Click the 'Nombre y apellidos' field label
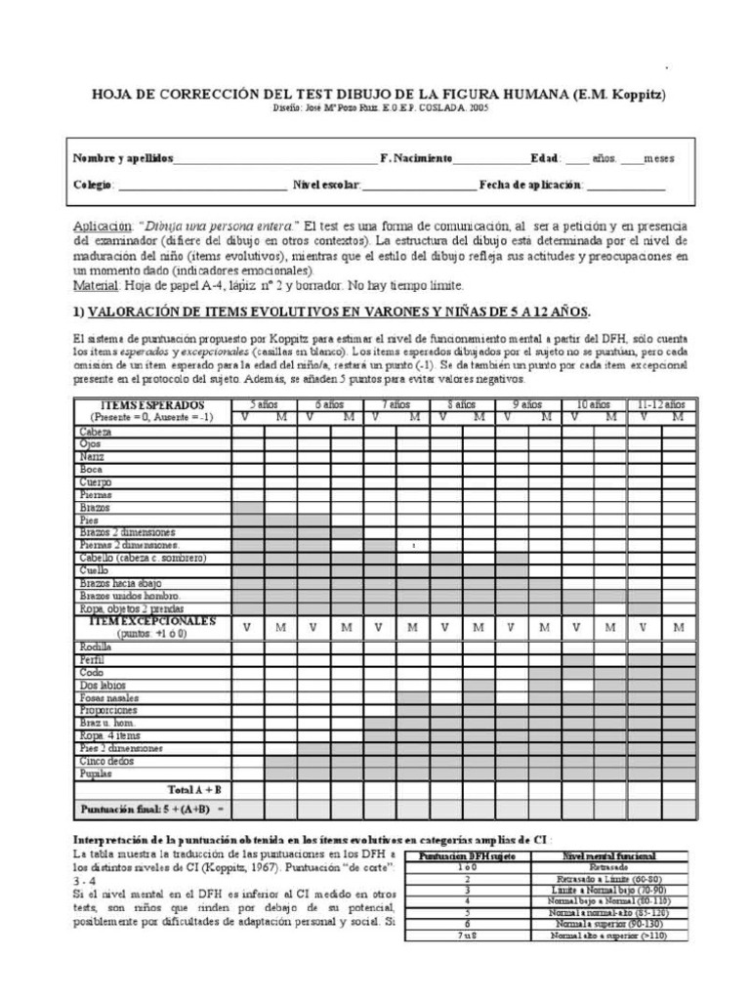coord(122,158)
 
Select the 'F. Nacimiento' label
coord(416,158)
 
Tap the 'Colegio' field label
coord(94,185)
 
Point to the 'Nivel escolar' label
coord(326,185)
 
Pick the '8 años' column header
coord(462,404)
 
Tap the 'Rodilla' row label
coord(96,646)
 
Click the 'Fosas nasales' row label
coord(106,697)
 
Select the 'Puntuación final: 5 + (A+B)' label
coord(151,810)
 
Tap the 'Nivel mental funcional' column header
coord(608,855)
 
